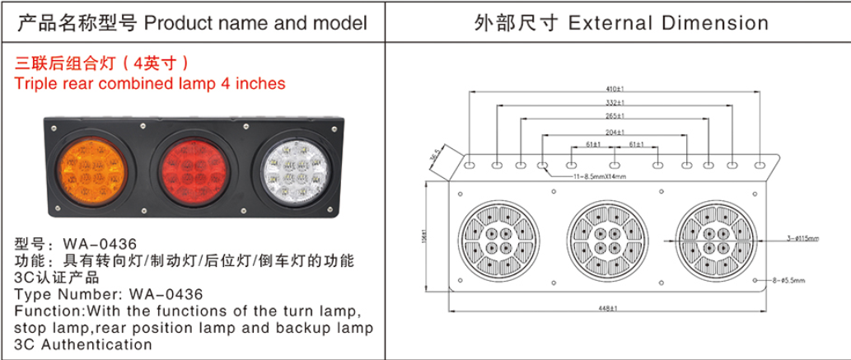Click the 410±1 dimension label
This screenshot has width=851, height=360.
(614, 89)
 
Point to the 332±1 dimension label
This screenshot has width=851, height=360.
(614, 103)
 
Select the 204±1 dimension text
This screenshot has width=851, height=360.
(614, 132)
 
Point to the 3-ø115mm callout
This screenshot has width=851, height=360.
(803, 238)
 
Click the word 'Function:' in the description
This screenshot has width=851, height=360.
(49, 311)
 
